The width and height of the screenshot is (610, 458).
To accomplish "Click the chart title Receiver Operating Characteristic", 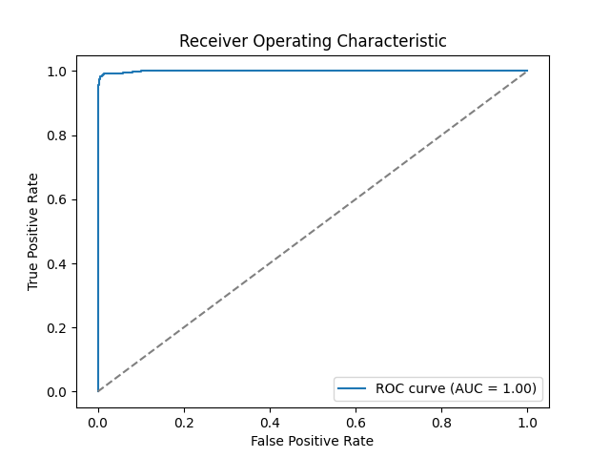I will click(x=313, y=42).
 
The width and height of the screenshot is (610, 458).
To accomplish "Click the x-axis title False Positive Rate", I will click(x=313, y=441).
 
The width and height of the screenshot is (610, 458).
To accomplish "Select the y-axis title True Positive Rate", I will click(x=33, y=232).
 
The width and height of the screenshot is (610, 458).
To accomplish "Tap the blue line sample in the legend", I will click(x=355, y=388).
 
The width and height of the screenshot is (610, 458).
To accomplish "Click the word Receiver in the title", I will click(x=208, y=42).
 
